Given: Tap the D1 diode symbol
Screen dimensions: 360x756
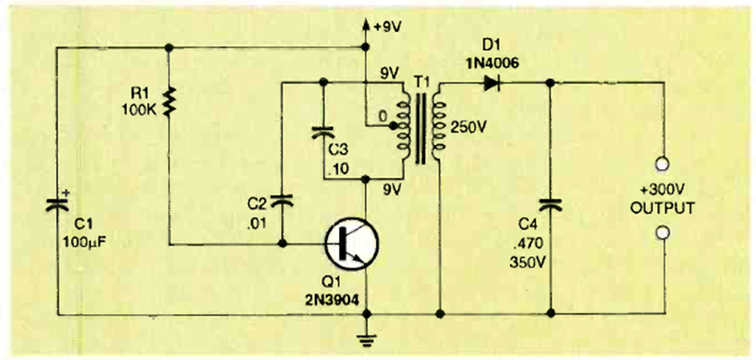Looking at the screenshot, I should pos(490,82).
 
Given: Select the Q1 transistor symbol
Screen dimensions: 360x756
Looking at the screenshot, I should pos(350,246).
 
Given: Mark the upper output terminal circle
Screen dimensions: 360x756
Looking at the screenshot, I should pos(661,163).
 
